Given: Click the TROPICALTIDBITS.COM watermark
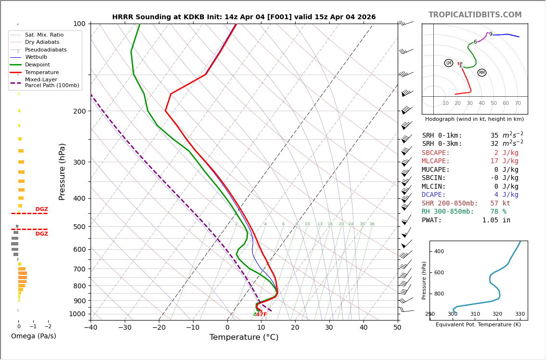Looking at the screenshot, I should click(x=475, y=15).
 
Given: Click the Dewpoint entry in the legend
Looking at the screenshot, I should click(x=37, y=65).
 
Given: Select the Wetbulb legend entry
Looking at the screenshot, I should click(x=36, y=57).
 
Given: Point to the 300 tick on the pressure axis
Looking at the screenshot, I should click(x=79, y=162).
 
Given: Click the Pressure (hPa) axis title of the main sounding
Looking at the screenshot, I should click(x=62, y=171).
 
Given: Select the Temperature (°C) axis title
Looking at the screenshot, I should click(x=244, y=338).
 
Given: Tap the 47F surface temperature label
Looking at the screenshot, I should click(x=260, y=315).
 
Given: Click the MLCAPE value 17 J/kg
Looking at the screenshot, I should click(x=504, y=161).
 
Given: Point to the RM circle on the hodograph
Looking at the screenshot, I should click(x=481, y=73).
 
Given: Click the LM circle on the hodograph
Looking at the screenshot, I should click(x=449, y=63).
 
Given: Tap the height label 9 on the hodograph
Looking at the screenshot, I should click(x=491, y=34).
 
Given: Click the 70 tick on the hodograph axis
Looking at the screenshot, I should click(x=518, y=103).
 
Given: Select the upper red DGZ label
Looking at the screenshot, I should click(x=41, y=209).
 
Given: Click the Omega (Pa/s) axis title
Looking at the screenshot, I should click(x=34, y=336).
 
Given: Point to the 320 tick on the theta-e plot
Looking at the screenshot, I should click(x=497, y=314).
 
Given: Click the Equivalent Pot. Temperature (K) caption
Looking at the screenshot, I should click(x=478, y=325).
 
